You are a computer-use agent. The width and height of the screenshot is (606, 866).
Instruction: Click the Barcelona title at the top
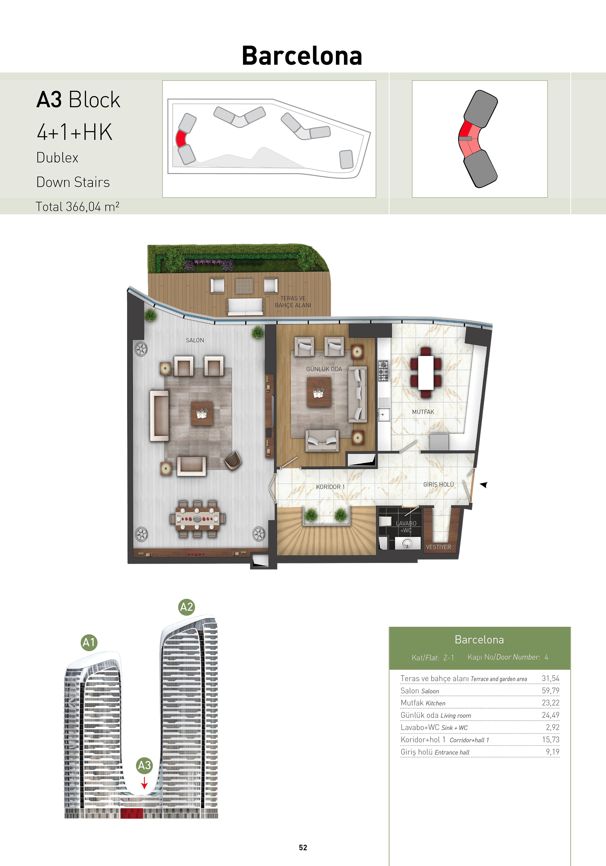point(302,56)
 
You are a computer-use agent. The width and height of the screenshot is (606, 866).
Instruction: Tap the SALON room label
point(195,340)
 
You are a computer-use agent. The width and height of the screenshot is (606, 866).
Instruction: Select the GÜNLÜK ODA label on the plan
point(324,369)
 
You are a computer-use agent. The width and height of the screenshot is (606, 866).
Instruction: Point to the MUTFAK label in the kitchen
point(423,412)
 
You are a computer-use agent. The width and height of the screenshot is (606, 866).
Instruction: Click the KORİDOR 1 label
point(330,487)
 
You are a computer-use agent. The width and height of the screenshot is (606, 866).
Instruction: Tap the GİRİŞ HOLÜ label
point(439,484)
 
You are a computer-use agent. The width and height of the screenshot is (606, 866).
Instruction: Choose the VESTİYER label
point(439,547)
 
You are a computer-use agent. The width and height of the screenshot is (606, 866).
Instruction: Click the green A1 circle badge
point(89,642)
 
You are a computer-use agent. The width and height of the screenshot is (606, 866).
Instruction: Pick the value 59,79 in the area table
point(550,691)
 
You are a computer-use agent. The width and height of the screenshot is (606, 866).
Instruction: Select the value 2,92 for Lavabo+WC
point(552,727)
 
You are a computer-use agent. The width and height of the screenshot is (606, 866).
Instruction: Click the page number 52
point(303,847)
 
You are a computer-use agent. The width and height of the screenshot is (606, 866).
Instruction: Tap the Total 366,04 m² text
point(77,207)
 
